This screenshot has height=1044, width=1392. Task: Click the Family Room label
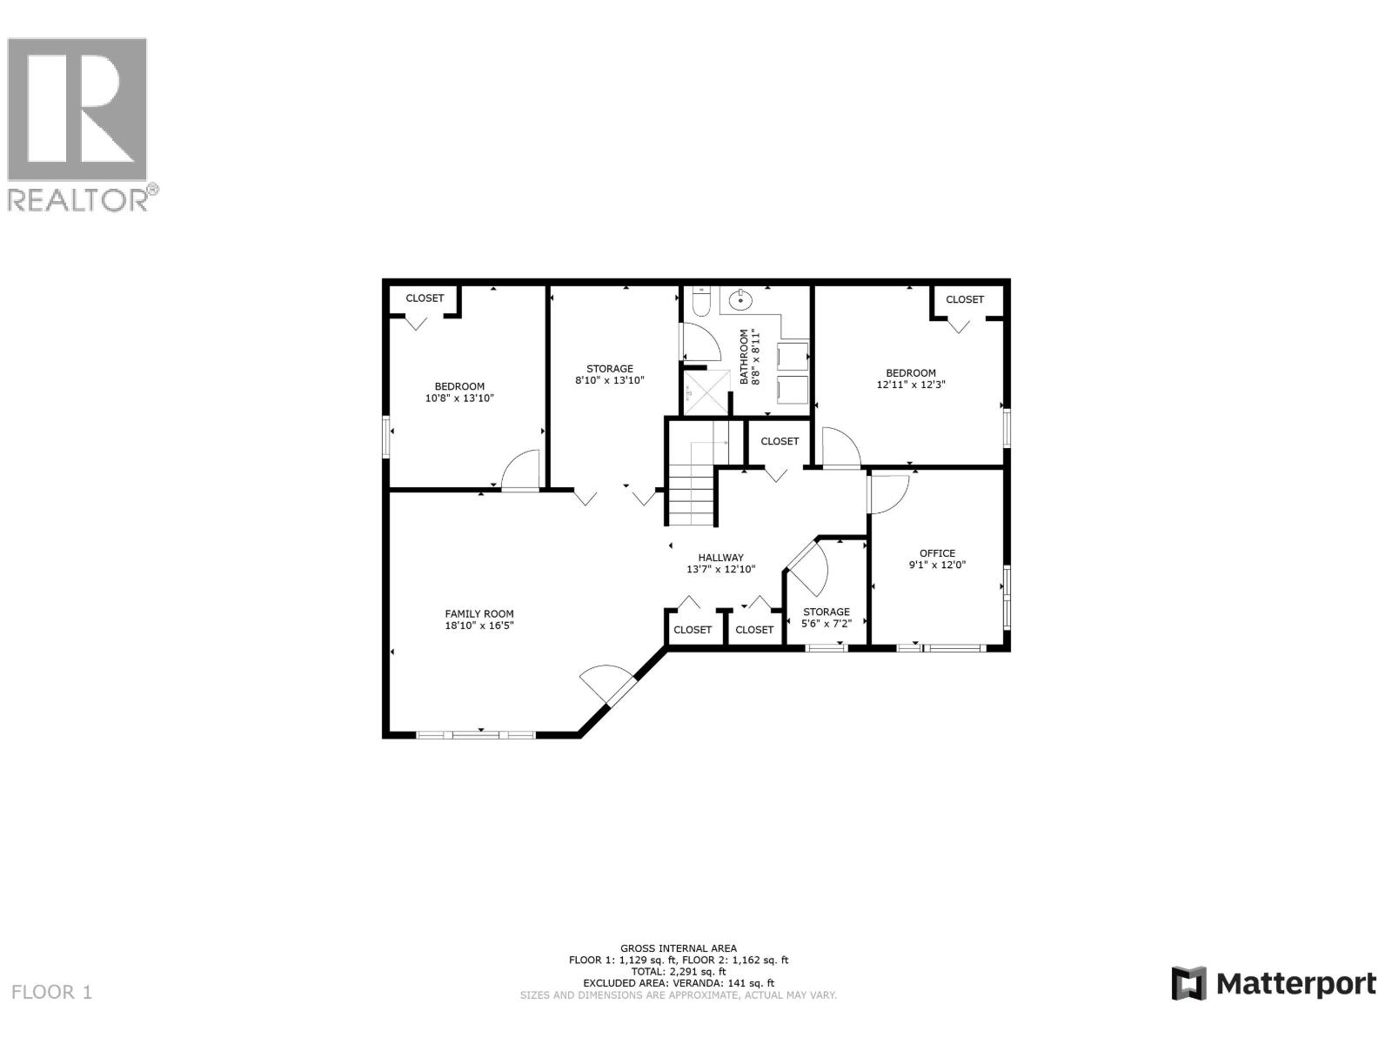point(479,619)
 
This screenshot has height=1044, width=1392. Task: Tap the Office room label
point(937,559)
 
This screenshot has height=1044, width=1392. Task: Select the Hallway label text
point(720,563)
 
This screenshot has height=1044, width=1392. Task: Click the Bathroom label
point(749,357)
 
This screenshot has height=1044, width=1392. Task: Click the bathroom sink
point(742,302)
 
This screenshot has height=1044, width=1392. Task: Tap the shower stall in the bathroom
point(706,393)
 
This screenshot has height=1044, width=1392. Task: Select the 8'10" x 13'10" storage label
point(609,374)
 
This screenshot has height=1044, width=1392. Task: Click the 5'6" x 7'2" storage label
point(826,617)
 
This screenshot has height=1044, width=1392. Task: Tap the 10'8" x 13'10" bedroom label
point(459,392)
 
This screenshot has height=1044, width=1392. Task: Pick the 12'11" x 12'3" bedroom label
point(911,378)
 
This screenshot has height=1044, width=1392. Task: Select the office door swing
point(889,493)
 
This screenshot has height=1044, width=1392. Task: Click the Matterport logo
point(1274,984)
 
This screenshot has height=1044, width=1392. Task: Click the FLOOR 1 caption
point(52,992)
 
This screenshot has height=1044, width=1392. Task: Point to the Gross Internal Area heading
point(678,948)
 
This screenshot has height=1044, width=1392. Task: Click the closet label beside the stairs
point(780,441)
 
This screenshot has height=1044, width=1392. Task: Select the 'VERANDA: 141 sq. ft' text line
point(678,983)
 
